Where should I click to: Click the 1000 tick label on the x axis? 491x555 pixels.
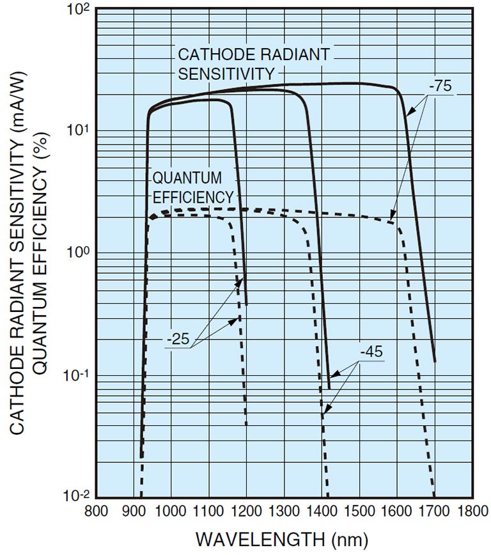pyautogui.click(x=170, y=512)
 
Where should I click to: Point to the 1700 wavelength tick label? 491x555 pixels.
pyautogui.click(x=435, y=512)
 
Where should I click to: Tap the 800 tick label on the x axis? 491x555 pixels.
pyautogui.click(x=95, y=512)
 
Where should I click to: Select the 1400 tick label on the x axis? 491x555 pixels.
pyautogui.click(x=322, y=512)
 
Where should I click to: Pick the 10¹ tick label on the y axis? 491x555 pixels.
pyautogui.click(x=76, y=130)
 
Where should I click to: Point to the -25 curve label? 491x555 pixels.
pyautogui.click(x=180, y=339)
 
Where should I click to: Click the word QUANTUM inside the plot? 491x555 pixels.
pyautogui.click(x=178, y=177)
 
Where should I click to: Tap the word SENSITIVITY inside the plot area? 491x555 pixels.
pyautogui.click(x=226, y=74)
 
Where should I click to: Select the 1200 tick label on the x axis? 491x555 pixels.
pyautogui.click(x=245, y=512)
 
